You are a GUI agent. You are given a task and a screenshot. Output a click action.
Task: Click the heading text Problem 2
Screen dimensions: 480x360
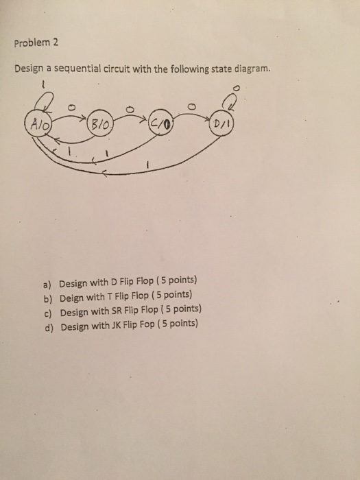(x=36, y=42)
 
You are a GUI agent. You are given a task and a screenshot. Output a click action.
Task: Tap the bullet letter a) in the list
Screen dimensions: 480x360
(x=47, y=284)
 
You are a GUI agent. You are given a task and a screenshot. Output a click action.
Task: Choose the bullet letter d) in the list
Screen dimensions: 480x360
(x=47, y=327)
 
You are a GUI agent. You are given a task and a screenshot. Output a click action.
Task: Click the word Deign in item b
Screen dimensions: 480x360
(x=72, y=298)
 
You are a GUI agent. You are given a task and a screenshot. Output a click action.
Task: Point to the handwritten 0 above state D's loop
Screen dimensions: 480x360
(x=238, y=87)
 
